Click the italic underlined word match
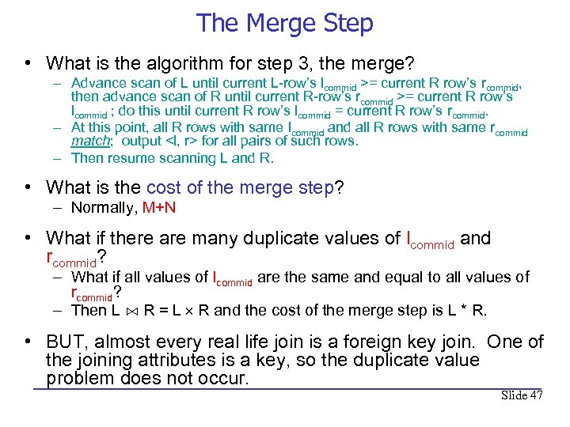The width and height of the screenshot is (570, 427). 90,142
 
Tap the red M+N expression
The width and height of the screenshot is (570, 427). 160,208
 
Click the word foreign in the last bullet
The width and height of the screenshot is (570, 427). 371,342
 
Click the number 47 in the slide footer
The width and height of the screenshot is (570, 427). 535,395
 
